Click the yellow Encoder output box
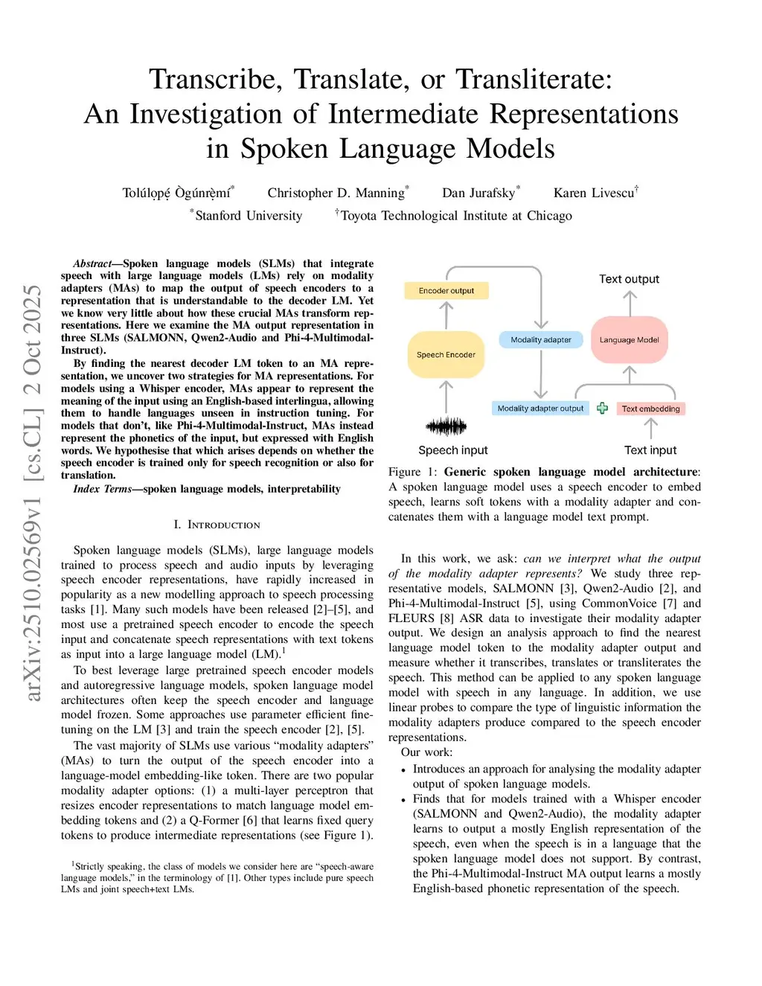(x=446, y=290)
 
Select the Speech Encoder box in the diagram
(x=446, y=354)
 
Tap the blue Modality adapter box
(x=541, y=339)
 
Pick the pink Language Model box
(x=630, y=339)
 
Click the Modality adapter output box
(x=540, y=408)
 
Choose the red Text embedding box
(x=650, y=409)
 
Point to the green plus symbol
(x=602, y=408)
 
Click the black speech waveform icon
(x=446, y=426)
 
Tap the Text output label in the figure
(x=629, y=279)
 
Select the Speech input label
(x=452, y=450)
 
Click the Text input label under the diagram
(x=650, y=450)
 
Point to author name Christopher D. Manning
(x=336, y=193)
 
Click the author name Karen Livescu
(x=594, y=193)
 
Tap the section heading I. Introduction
(x=217, y=525)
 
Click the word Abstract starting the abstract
(x=92, y=263)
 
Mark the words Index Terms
(x=102, y=489)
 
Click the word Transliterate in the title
(x=534, y=79)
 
